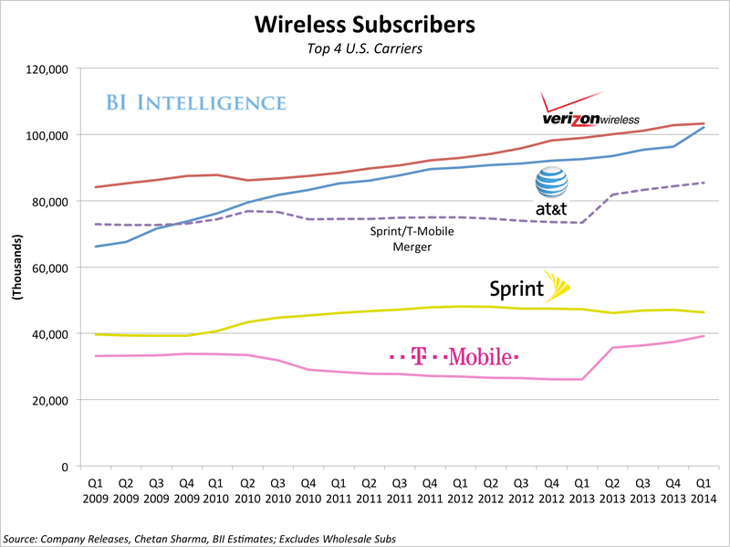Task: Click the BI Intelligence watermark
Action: [x=195, y=101]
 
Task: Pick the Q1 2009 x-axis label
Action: [x=96, y=490]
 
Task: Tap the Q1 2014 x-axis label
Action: [x=704, y=490]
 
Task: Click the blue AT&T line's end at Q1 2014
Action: [x=704, y=127]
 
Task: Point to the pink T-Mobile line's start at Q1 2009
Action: [x=96, y=356]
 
